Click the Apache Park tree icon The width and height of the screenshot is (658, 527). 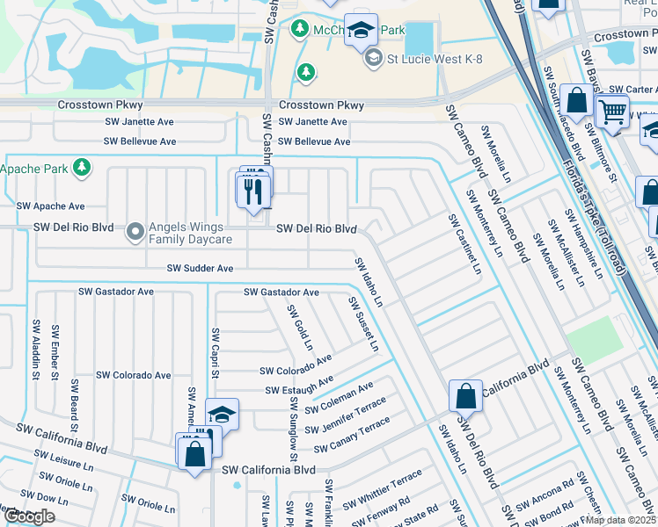(82, 167)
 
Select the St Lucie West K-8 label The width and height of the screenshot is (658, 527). (429, 57)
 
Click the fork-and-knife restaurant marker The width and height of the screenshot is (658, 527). (254, 190)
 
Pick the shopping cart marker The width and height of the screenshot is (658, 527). (612, 112)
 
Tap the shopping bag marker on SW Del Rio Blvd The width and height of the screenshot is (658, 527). (465, 397)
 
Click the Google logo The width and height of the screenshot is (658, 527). (28, 516)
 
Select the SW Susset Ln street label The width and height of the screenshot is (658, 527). (363, 324)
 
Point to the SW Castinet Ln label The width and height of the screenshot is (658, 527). (464, 242)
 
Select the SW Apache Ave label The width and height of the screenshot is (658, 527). (51, 206)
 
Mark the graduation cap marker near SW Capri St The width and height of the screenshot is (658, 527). (222, 414)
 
